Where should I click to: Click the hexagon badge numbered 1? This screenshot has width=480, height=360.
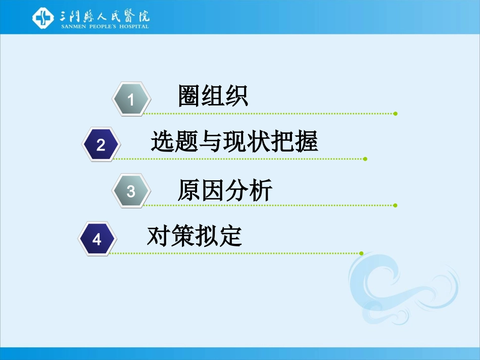(131, 99)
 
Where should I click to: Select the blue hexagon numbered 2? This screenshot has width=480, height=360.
(101, 145)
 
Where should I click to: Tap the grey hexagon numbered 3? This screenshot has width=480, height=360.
(131, 191)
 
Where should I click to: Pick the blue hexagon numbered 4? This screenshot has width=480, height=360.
(97, 238)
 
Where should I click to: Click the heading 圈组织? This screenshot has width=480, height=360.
(213, 96)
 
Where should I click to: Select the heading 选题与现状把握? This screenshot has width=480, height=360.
(234, 142)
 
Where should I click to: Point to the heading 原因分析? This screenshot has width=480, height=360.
(225, 190)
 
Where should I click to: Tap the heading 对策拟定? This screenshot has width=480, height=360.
(195, 236)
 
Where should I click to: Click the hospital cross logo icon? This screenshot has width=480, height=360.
(43, 18)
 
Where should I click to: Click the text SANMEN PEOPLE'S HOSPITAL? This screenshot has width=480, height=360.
(105, 26)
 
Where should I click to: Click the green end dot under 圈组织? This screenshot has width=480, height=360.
(395, 114)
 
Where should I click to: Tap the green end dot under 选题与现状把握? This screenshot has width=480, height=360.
(365, 159)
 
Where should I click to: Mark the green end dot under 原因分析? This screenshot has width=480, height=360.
(395, 205)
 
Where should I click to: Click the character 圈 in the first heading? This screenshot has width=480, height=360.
(189, 96)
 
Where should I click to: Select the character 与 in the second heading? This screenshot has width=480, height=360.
(210, 142)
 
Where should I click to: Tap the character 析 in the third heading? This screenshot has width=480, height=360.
(261, 190)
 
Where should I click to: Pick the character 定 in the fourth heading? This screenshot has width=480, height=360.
(230, 236)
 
